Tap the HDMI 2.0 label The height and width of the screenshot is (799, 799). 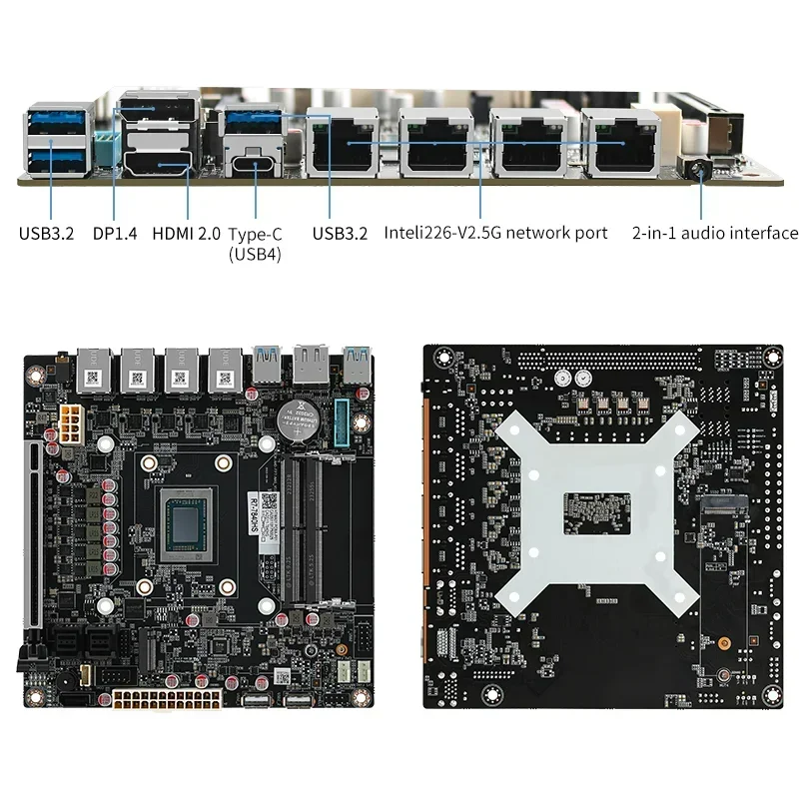click(186, 234)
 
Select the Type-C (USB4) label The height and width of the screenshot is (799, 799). click(255, 243)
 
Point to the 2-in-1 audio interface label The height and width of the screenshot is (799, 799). click(715, 233)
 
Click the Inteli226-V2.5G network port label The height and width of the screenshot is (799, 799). click(495, 233)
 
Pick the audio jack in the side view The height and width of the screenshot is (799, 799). click(698, 166)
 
